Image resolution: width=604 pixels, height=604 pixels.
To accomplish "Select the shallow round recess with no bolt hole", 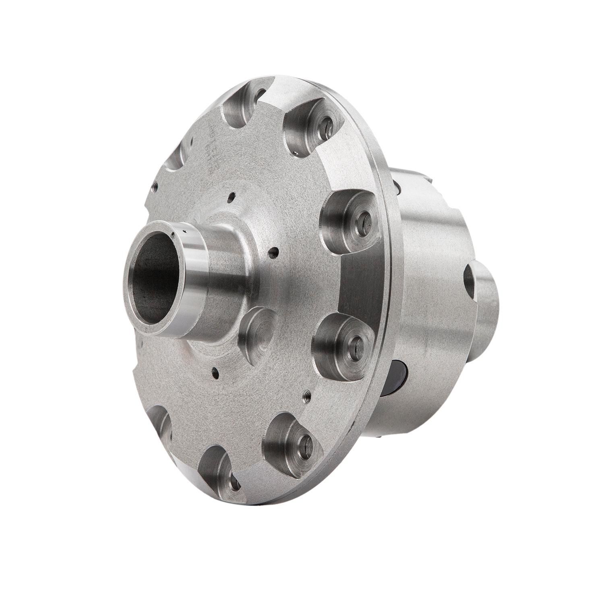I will [x=258, y=330].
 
